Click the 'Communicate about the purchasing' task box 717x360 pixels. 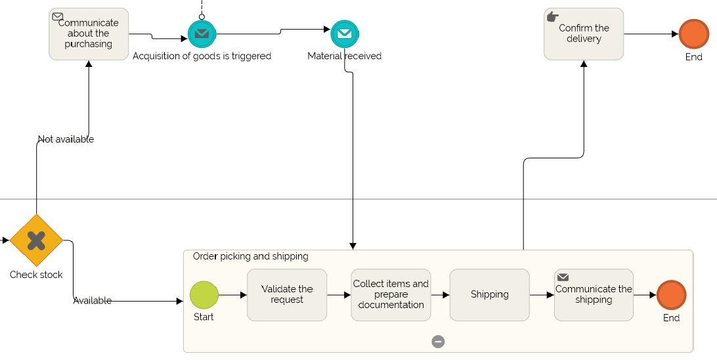pyautogui.click(x=89, y=34)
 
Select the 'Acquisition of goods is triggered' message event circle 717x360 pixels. pyautogui.click(x=202, y=34)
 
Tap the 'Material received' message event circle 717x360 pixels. pyautogui.click(x=344, y=34)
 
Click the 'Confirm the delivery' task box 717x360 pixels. pyautogui.click(x=584, y=34)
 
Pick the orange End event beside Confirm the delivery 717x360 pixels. pyautogui.click(x=693, y=34)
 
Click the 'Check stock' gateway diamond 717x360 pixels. pyautogui.click(x=36, y=240)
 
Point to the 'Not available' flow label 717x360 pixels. pyautogui.click(x=66, y=139)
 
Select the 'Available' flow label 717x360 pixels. pyautogui.click(x=92, y=301)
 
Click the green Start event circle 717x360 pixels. pyautogui.click(x=204, y=295)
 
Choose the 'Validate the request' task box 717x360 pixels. pyautogui.click(x=287, y=295)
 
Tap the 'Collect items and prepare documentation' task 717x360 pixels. pyautogui.click(x=391, y=295)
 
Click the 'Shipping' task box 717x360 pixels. pyautogui.click(x=489, y=295)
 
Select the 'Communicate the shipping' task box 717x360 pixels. pyautogui.click(x=594, y=295)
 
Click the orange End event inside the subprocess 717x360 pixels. pyautogui.click(x=671, y=295)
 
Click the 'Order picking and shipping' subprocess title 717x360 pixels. pyautogui.click(x=250, y=256)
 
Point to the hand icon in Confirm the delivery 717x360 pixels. pyautogui.click(x=553, y=16)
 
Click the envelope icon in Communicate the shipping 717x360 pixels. pyautogui.click(x=563, y=278)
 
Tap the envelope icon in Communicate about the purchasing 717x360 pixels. pyautogui.click(x=58, y=16)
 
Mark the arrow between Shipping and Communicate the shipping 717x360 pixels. pyautogui.click(x=542, y=295)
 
